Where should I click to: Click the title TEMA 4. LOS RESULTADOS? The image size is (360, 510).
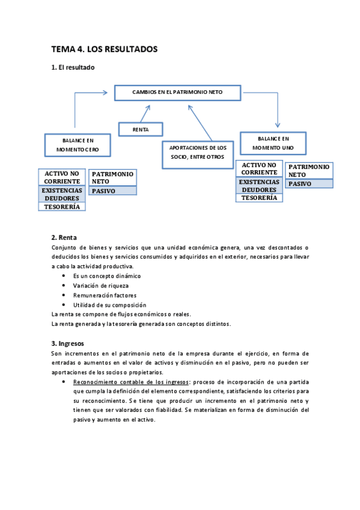pyautogui.click(x=104, y=49)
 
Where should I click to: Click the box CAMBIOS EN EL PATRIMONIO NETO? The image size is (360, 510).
pyautogui.click(x=177, y=92)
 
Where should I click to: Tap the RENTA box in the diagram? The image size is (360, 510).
pyautogui.click(x=141, y=129)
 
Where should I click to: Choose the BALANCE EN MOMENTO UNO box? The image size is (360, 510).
pyautogui.click(x=273, y=143)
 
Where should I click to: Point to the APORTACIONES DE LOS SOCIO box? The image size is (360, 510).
pyautogui.click(x=197, y=152)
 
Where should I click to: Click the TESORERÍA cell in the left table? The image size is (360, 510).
pyautogui.click(x=62, y=206)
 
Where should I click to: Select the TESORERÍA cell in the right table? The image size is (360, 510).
pyautogui.click(x=259, y=197)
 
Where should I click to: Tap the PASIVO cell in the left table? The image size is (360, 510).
pyautogui.click(x=112, y=191)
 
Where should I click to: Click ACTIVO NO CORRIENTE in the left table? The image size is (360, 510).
pyautogui.click(x=62, y=177)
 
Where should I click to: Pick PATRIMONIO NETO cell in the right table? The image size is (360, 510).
pyautogui.click(x=308, y=170)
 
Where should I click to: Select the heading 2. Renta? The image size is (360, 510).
pyautogui.click(x=64, y=237)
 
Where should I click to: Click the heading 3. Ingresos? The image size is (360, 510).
pyautogui.click(x=70, y=343)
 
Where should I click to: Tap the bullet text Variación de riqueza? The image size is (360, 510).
pyautogui.click(x=100, y=286)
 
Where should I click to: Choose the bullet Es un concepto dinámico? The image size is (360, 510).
pyautogui.click(x=107, y=276)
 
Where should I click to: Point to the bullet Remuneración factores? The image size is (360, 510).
pyautogui.click(x=105, y=295)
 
